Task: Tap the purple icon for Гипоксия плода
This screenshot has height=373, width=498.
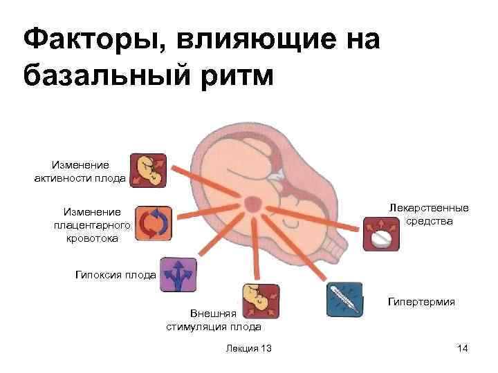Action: click(178, 275)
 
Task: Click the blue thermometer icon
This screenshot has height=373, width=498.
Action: click(343, 299)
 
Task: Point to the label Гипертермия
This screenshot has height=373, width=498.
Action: click(421, 302)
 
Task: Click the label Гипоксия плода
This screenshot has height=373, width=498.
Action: click(114, 275)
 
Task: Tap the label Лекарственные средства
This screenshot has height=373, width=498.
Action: click(429, 215)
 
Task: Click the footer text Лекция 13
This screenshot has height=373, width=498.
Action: click(248, 348)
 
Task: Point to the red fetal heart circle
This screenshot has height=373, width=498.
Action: click(252, 204)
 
